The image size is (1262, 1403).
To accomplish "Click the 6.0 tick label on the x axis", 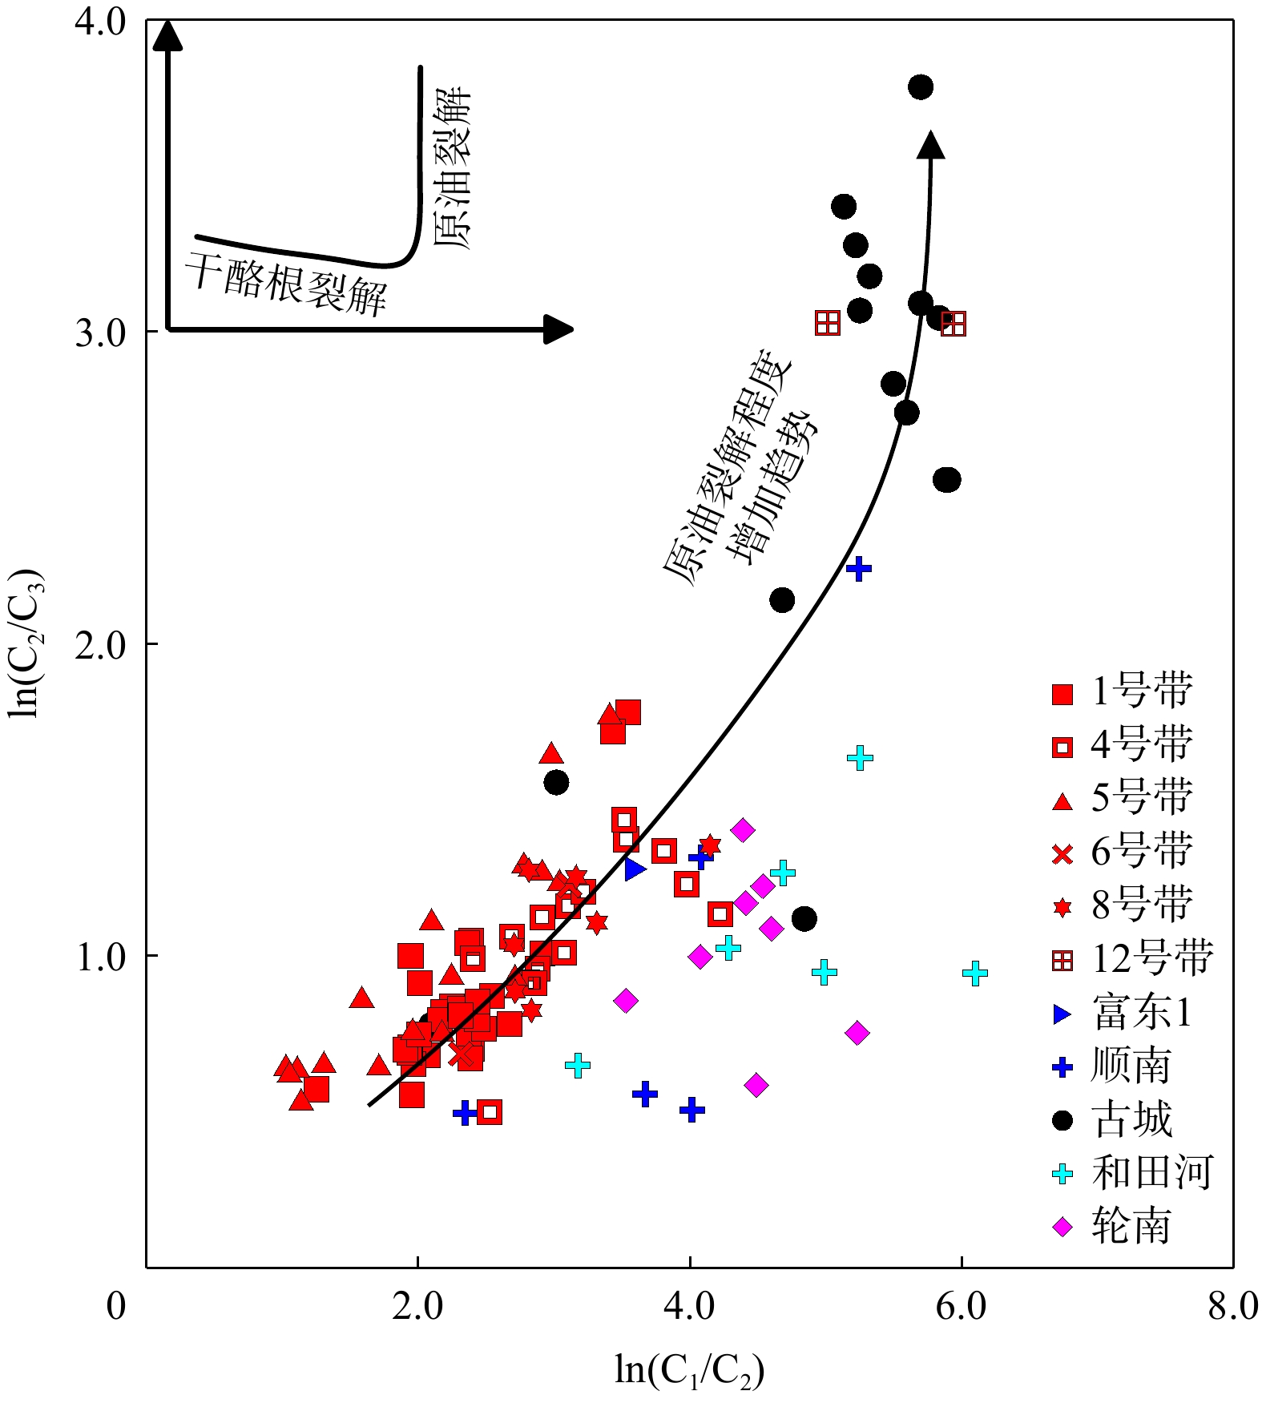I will (x=961, y=1307).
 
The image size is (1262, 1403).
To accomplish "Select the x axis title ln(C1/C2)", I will (x=689, y=1370).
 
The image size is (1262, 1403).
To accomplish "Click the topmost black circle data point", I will (x=921, y=87).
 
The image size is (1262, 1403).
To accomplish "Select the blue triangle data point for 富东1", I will (x=635, y=869).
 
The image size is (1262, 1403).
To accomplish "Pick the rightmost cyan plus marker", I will (x=974, y=974).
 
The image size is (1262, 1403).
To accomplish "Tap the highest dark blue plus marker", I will (x=858, y=569).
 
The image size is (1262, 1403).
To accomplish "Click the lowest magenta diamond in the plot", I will (x=756, y=1086).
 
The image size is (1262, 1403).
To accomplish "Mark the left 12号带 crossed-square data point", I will (x=828, y=324).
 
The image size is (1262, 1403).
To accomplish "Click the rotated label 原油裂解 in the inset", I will (x=453, y=168).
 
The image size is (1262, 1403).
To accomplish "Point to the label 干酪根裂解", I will (x=286, y=284).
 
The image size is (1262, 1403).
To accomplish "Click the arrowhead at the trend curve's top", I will (x=930, y=145).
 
